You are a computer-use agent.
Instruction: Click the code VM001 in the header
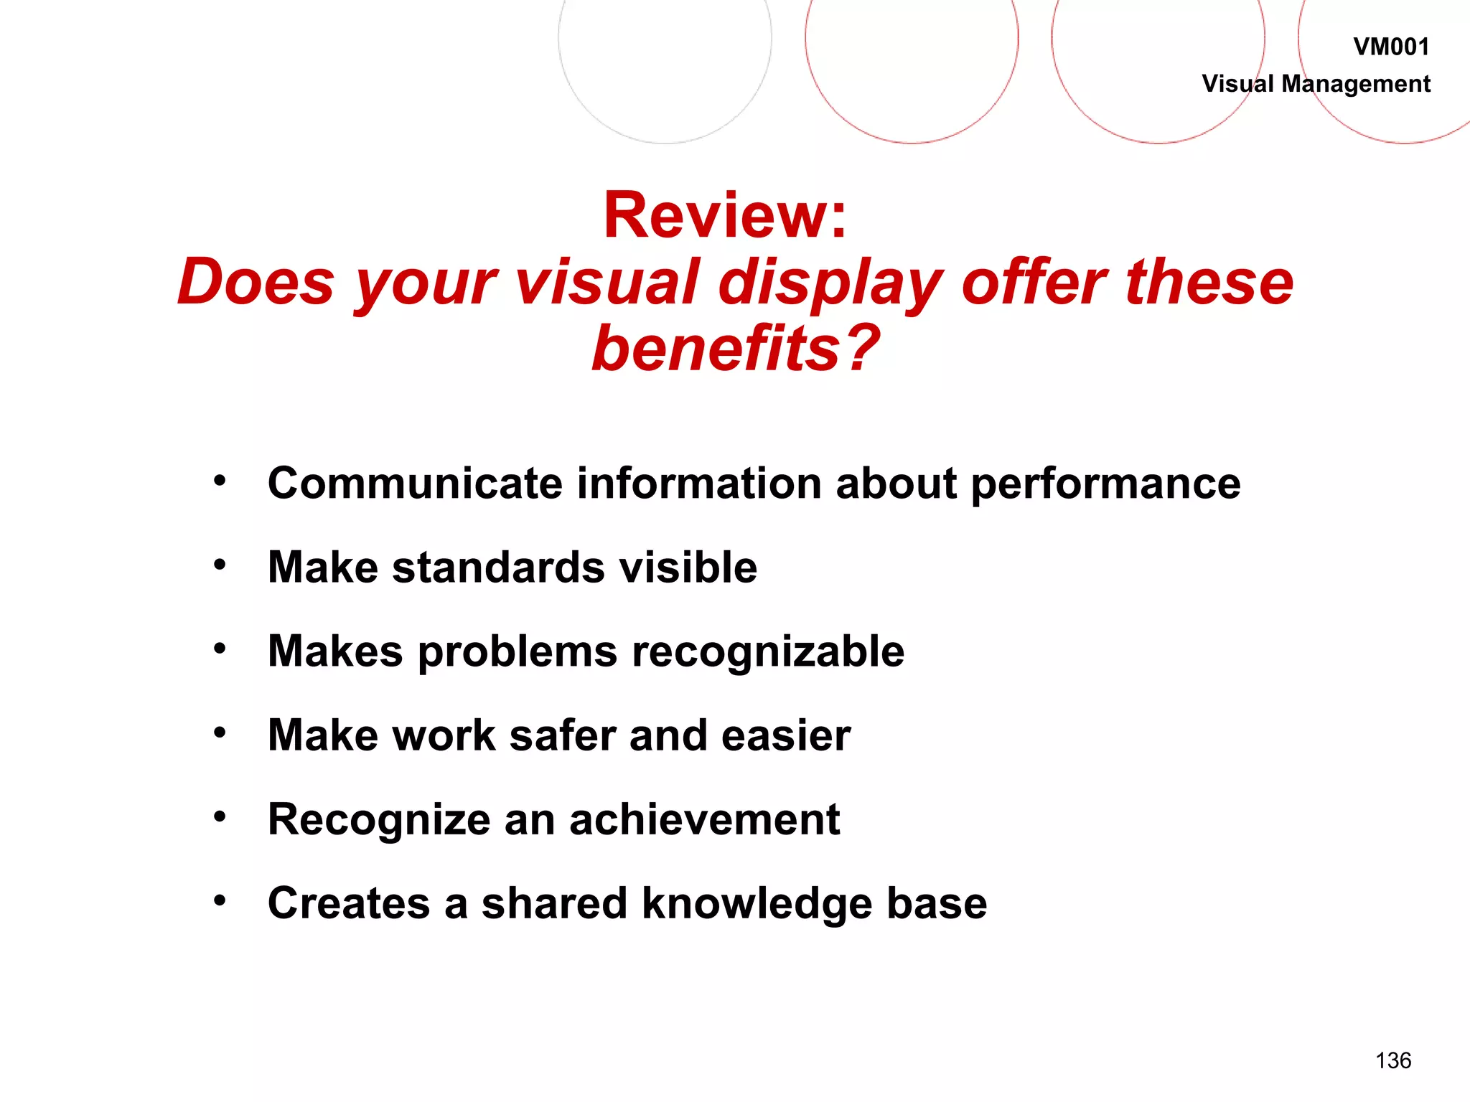pyautogui.click(x=1391, y=47)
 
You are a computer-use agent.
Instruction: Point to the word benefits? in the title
pyautogui.click(x=735, y=349)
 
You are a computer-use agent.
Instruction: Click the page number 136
pyautogui.click(x=1393, y=1060)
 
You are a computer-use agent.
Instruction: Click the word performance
pyautogui.click(x=1105, y=485)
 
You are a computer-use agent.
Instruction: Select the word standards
pyautogui.click(x=498, y=568)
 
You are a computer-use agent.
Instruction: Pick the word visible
pyautogui.click(x=688, y=568)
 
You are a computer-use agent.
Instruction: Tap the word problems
pyautogui.click(x=517, y=653)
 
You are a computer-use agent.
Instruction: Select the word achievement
pyautogui.click(x=704, y=819)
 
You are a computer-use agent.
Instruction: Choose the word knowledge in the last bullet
pyautogui.click(x=757, y=904)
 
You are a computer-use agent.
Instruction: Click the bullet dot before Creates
pyautogui.click(x=220, y=900)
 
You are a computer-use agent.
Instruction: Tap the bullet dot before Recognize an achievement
pyautogui.click(x=220, y=816)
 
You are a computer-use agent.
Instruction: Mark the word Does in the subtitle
pyautogui.click(x=256, y=282)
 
